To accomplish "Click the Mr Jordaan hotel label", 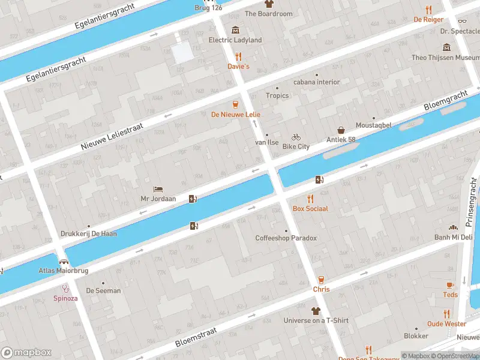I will click(x=158, y=199).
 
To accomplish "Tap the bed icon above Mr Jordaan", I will click(x=158, y=188).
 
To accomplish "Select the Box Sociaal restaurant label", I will click(x=310, y=208).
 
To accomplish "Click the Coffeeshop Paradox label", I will click(x=286, y=238).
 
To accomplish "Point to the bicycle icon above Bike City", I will click(x=296, y=137).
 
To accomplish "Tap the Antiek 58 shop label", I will click(x=341, y=140).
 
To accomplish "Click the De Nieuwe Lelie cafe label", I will click(x=235, y=114).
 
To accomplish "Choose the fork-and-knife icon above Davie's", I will click(x=238, y=57).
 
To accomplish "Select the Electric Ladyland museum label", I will click(x=235, y=40).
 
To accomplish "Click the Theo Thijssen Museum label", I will click(x=445, y=58).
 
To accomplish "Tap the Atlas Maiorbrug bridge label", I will click(x=64, y=271).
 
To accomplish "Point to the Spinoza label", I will click(x=66, y=298).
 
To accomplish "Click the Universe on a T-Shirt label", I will click(x=316, y=320).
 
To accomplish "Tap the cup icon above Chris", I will click(x=321, y=280).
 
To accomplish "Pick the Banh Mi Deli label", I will click(x=454, y=237).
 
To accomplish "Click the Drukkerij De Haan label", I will click(x=89, y=234).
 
